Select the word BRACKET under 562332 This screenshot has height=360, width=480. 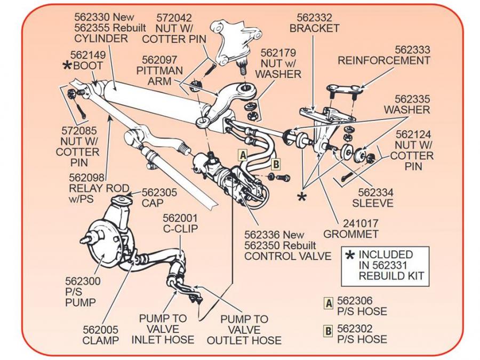click(314, 28)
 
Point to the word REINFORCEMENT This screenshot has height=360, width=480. click(383, 61)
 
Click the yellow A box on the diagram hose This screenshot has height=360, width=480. click(242, 154)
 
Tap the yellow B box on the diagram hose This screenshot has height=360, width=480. click(275, 164)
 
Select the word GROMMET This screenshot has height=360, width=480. click(350, 234)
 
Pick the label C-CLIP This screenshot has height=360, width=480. click(180, 229)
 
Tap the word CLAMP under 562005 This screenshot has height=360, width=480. click(100, 340)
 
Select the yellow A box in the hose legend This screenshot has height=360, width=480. click(329, 303)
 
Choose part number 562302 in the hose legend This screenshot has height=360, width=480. click(355, 329)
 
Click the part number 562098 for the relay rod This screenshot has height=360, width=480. click(87, 177)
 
